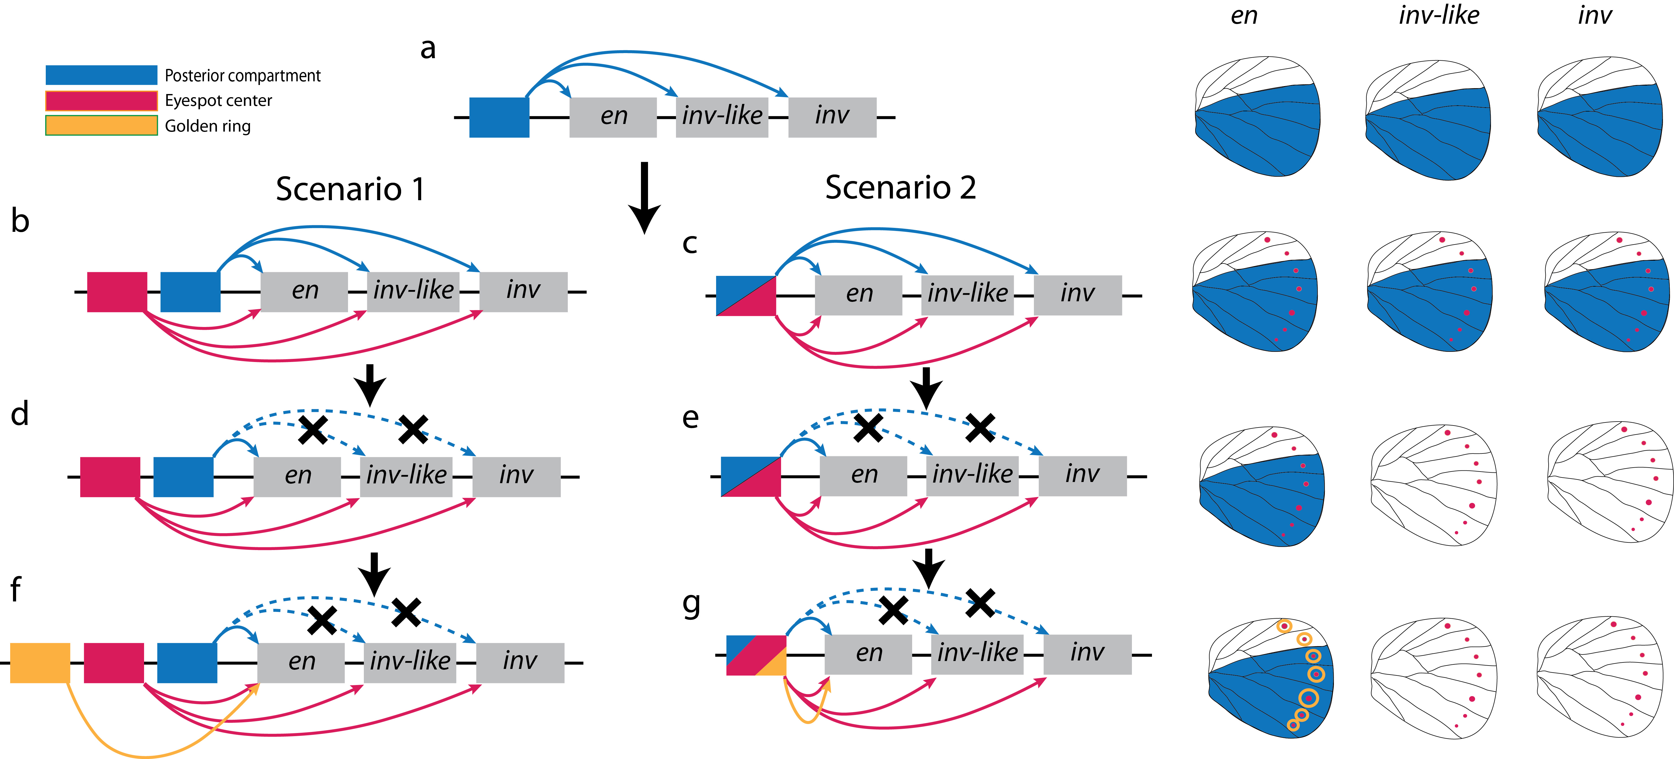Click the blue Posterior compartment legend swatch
(x=101, y=75)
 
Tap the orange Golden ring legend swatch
(x=101, y=125)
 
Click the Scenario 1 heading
(x=350, y=189)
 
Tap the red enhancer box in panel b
(x=117, y=292)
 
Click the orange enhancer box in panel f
(x=40, y=663)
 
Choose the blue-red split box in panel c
(x=745, y=296)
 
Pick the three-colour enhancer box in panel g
(x=756, y=655)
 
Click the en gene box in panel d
(x=297, y=476)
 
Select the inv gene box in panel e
(x=1082, y=476)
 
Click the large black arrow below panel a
(x=644, y=197)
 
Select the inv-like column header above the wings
(x=1439, y=16)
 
